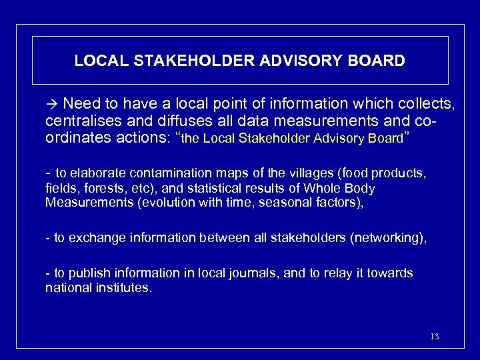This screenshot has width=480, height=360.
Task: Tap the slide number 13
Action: click(x=434, y=336)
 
